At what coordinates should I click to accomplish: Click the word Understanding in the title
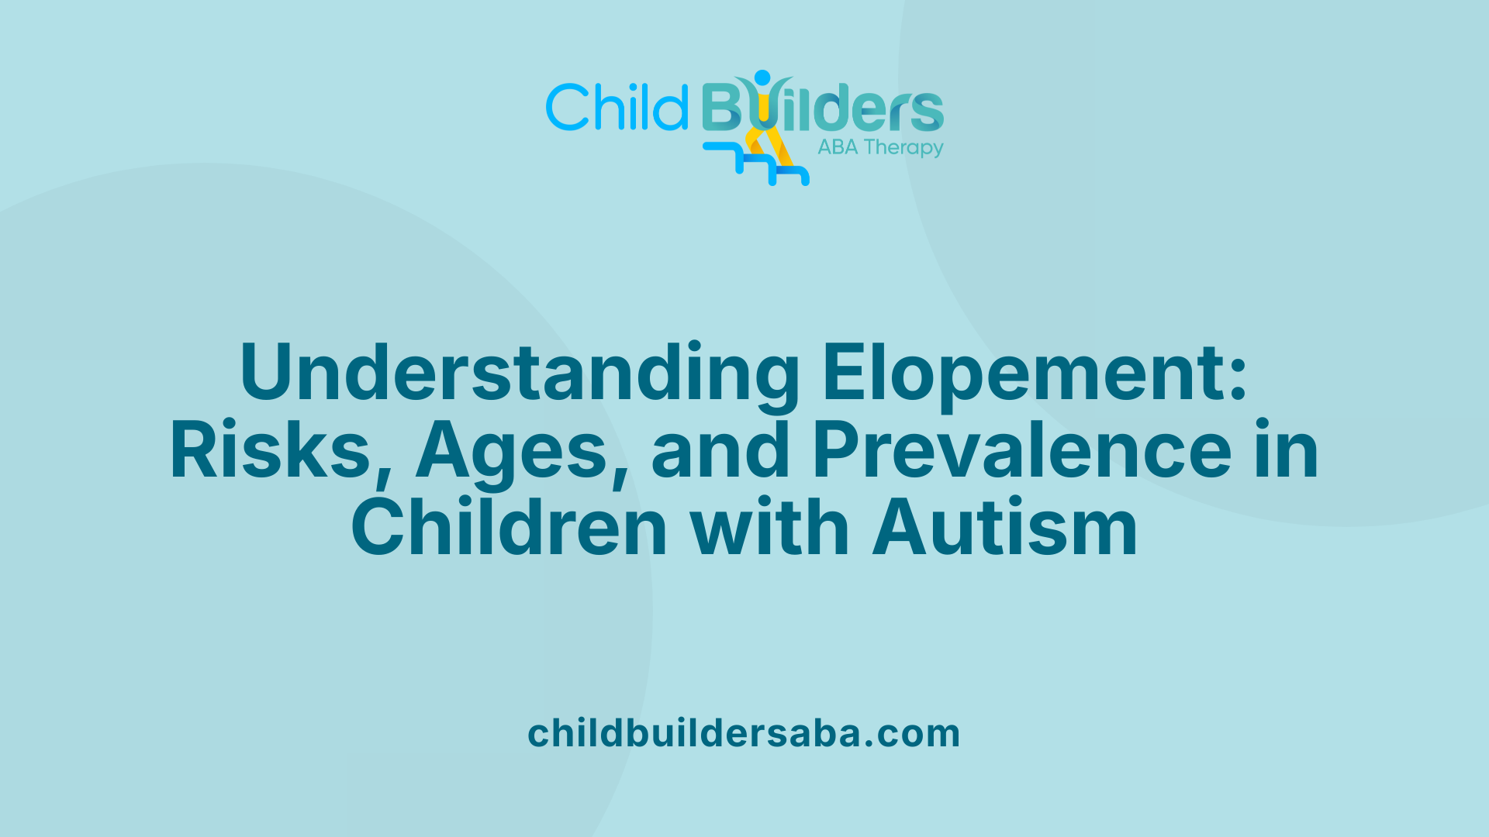tap(520, 373)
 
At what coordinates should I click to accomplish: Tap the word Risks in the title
tap(271, 450)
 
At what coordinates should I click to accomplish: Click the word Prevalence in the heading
tap(1021, 450)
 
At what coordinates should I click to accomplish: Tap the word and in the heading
tap(720, 450)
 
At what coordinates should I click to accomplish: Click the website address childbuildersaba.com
tap(744, 733)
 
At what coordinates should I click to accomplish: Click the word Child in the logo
tap(617, 107)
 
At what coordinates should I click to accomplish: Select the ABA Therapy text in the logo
tap(880, 147)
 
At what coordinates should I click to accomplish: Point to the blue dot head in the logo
tap(762, 77)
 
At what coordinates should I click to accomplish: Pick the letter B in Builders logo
tap(721, 107)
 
